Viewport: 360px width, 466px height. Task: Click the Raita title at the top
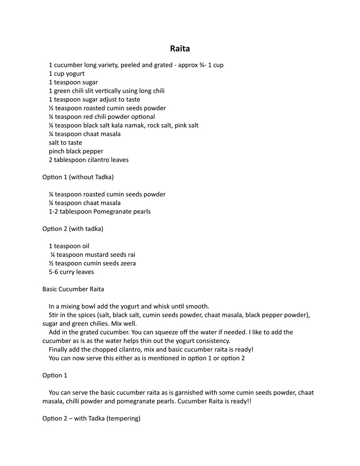180,48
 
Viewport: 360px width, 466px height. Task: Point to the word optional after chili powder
140,117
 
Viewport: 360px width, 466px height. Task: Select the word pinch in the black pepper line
57,151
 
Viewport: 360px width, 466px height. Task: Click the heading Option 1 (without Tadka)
78,177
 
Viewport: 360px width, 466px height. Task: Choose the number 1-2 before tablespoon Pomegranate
54,212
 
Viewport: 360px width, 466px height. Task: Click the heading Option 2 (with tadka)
72,229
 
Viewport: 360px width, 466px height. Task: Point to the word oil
85,246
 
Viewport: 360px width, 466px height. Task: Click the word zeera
126,263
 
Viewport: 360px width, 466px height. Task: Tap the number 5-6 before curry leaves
54,272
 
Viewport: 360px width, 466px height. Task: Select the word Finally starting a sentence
59,349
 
